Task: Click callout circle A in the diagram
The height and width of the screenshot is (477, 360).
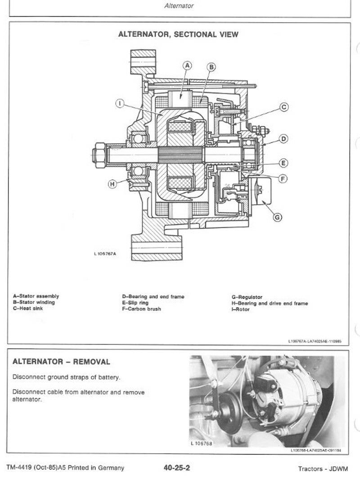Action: pos(188,66)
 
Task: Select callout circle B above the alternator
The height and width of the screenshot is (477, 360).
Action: pos(211,68)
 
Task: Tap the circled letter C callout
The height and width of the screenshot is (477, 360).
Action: pos(284,107)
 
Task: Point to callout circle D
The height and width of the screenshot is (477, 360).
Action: pos(283,139)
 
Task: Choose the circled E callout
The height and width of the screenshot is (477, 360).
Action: pos(283,163)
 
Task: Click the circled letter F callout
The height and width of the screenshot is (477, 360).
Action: pos(283,179)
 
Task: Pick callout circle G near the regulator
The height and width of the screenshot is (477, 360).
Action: pos(278,218)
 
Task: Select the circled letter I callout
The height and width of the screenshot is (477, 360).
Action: pos(120,104)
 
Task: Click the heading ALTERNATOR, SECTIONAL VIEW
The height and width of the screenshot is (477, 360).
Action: pos(178,34)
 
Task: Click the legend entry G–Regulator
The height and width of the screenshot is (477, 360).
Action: pos(247,297)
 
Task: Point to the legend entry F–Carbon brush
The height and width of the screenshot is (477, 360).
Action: pos(141,309)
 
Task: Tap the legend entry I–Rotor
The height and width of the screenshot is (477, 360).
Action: pos(241,310)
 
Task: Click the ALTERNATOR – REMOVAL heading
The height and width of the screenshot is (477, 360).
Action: pos(61,362)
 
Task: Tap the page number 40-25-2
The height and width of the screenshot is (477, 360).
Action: pos(177,468)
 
